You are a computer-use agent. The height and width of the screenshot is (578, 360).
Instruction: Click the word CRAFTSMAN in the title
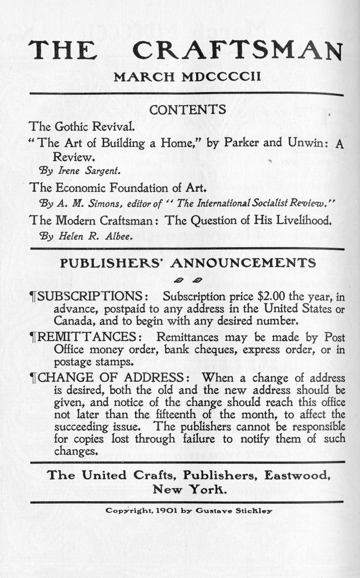(x=237, y=50)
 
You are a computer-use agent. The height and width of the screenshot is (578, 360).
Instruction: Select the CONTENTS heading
(x=188, y=110)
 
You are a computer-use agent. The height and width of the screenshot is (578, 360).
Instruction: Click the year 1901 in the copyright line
(x=166, y=511)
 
